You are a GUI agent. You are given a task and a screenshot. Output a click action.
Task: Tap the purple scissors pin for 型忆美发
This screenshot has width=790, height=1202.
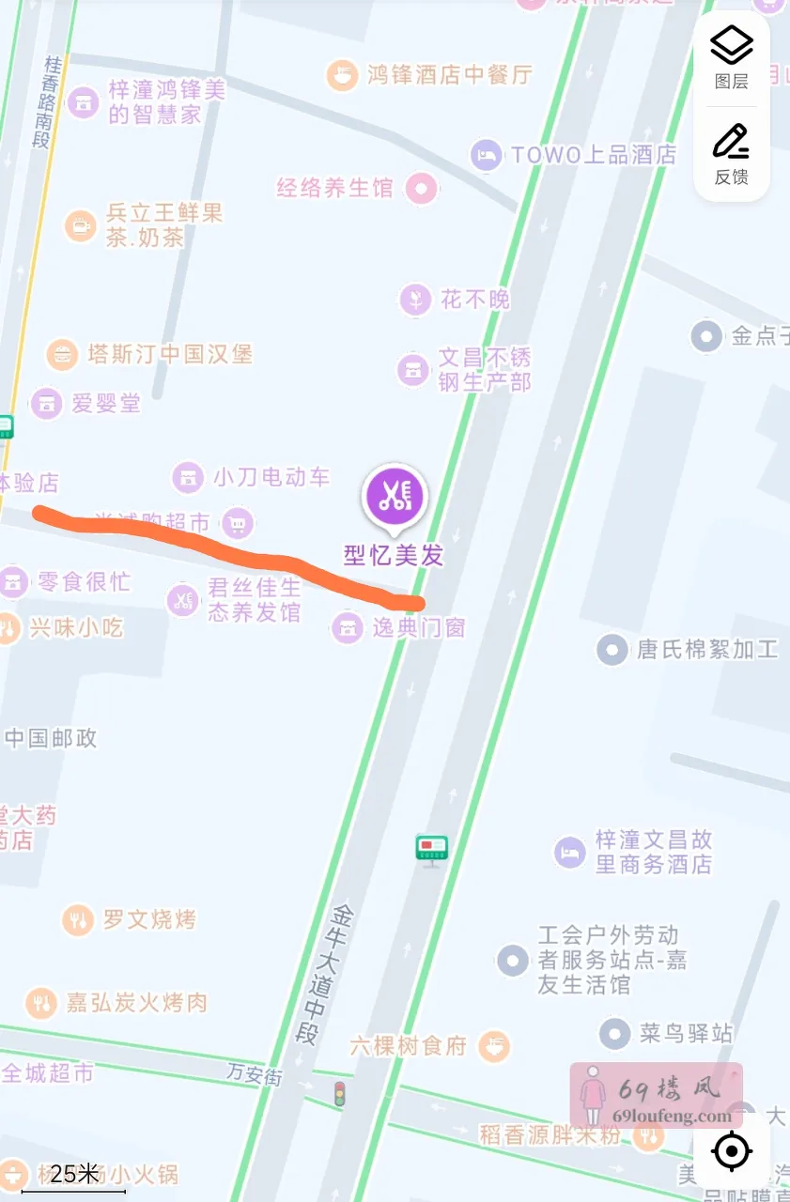395,498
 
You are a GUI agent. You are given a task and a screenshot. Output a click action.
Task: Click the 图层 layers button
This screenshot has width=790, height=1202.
732,55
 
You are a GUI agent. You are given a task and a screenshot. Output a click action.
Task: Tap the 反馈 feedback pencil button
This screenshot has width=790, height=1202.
732,152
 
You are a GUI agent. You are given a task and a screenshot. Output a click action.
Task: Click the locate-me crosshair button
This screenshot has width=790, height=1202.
732,1151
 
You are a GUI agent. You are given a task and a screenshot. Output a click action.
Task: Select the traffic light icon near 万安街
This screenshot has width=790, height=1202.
339,1094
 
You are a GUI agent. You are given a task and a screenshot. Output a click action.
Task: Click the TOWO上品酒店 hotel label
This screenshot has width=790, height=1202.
593,155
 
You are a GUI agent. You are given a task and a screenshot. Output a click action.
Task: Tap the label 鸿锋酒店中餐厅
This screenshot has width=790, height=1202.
450,74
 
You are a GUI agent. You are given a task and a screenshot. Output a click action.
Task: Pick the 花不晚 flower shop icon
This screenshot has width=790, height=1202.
413,300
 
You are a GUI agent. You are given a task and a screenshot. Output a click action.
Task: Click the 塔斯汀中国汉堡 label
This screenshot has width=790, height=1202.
169,354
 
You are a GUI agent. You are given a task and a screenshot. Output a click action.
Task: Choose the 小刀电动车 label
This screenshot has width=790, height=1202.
271,477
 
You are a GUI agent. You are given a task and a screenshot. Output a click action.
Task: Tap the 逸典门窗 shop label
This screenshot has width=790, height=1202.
418,627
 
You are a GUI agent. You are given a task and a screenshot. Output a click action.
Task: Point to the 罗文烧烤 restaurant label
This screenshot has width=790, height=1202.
149,918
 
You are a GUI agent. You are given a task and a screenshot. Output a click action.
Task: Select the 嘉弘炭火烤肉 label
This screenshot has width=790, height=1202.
136,1003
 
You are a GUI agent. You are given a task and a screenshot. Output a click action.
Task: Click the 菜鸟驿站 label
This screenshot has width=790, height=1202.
686,1034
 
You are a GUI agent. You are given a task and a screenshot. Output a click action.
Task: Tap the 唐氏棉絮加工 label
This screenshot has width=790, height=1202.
707,649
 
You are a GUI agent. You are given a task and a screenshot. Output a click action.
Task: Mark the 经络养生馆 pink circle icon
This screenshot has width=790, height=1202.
422,189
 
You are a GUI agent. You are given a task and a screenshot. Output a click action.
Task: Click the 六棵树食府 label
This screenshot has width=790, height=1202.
409,1045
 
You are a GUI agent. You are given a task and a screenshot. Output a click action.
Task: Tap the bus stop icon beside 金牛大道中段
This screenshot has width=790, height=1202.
432,849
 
